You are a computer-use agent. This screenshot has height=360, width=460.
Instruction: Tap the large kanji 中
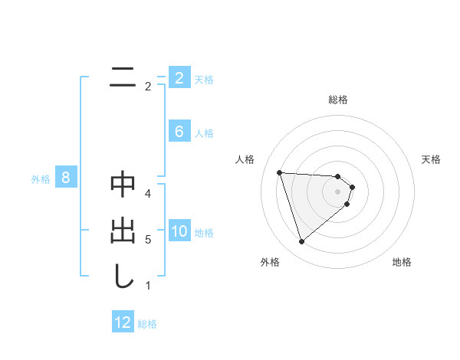123,185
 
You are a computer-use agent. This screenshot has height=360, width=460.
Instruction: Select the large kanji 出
123,231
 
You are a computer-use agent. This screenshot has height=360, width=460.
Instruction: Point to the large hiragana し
123,277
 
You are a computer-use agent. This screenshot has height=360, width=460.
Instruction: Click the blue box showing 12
123,322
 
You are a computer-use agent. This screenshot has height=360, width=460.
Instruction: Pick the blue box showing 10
179,231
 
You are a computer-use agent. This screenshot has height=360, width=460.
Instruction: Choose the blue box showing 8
66,178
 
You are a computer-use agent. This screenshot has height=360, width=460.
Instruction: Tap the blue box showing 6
179,132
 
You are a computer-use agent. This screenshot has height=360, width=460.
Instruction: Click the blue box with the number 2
179,77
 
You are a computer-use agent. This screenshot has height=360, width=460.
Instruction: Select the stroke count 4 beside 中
148,194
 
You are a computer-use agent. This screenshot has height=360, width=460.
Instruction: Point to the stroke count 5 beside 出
148,240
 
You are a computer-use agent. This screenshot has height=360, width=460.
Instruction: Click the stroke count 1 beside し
148,286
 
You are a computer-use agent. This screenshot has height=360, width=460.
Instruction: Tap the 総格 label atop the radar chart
338,100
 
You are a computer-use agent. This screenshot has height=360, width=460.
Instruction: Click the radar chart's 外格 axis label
270,263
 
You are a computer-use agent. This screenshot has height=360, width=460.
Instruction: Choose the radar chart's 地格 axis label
402,263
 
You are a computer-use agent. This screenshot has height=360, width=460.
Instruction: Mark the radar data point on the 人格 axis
279,172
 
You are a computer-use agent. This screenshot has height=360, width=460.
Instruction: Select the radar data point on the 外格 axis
301,242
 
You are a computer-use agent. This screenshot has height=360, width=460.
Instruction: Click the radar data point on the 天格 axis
353,187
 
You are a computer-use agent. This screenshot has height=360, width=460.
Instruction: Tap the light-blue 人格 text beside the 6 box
204,133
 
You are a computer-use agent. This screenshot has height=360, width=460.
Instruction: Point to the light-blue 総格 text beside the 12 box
147,324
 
